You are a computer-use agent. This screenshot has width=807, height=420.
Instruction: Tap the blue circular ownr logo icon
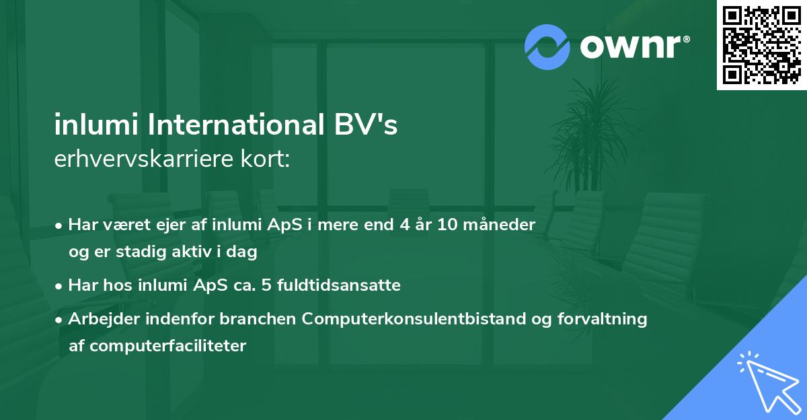[547, 47]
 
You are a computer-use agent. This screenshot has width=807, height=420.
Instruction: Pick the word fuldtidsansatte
[345, 285]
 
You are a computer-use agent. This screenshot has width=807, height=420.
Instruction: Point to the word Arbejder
[98, 318]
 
